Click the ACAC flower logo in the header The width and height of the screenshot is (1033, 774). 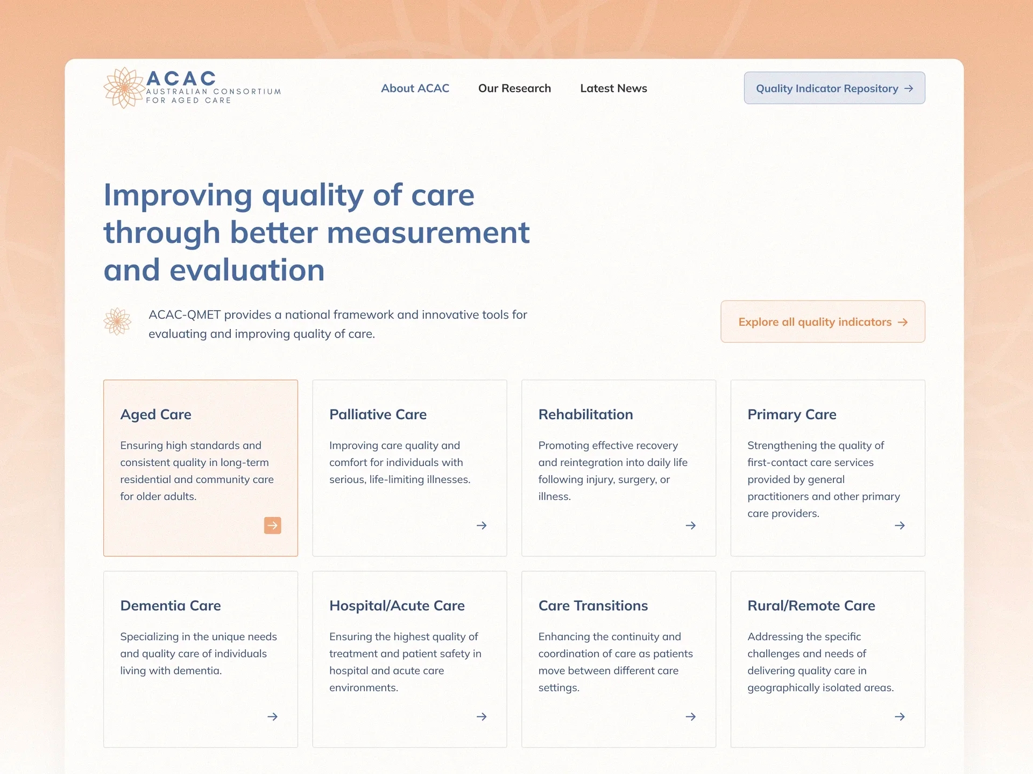124,88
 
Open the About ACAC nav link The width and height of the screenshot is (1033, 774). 415,88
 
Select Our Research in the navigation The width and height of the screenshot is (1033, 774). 514,88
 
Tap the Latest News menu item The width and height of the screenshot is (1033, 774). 613,88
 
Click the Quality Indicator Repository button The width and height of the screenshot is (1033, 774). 834,88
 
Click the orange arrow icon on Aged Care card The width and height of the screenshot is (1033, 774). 273,525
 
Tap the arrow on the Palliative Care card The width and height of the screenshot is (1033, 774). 482,525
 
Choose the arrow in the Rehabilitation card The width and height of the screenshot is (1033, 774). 691,525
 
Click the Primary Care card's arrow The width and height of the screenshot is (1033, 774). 900,525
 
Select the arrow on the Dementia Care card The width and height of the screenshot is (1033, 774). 273,716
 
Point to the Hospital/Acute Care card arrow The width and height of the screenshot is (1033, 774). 482,716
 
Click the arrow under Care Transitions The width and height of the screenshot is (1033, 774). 691,716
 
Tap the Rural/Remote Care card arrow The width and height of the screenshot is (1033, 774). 900,716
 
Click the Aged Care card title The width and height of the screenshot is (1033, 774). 155,414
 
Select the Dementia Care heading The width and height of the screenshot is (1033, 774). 171,606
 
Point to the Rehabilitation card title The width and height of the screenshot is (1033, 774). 585,414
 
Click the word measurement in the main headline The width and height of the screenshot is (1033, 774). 428,233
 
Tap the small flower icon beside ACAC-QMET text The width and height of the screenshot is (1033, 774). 117,321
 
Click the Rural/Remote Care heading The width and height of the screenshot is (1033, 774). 811,606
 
